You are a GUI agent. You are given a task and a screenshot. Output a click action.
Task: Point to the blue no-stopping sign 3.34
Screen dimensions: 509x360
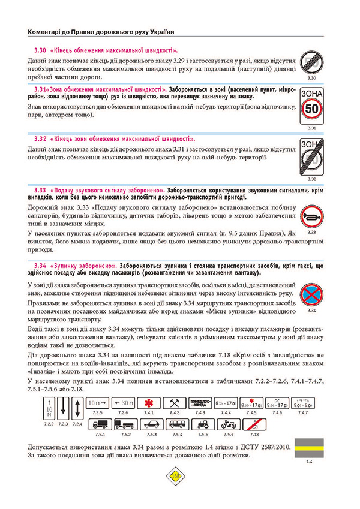(311, 294)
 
